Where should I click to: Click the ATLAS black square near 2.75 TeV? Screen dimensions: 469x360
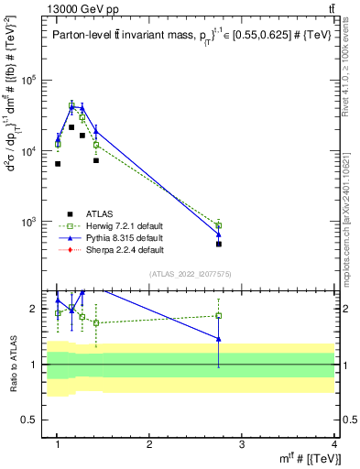[x=219, y=244]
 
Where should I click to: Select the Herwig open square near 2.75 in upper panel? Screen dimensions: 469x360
[x=219, y=225]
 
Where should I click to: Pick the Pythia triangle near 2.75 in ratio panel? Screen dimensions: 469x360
[x=219, y=339]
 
